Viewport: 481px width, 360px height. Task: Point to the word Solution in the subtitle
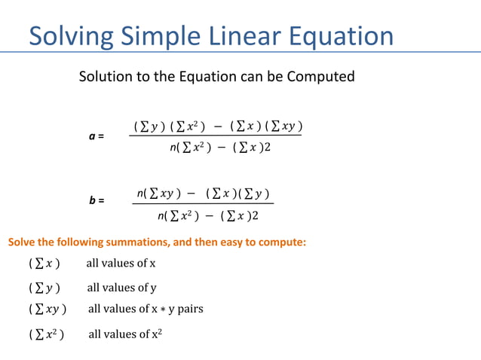coord(106,77)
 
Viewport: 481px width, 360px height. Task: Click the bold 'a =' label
coord(96,136)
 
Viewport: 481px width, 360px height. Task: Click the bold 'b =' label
coord(96,201)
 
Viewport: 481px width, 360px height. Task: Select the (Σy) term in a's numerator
coord(149,125)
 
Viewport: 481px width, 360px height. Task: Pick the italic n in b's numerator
coord(140,194)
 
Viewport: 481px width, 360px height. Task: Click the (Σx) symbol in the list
coord(44,264)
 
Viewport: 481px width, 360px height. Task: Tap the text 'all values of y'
coord(121,288)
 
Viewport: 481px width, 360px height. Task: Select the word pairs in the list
coord(190,309)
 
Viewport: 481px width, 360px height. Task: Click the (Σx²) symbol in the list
coord(46,334)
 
